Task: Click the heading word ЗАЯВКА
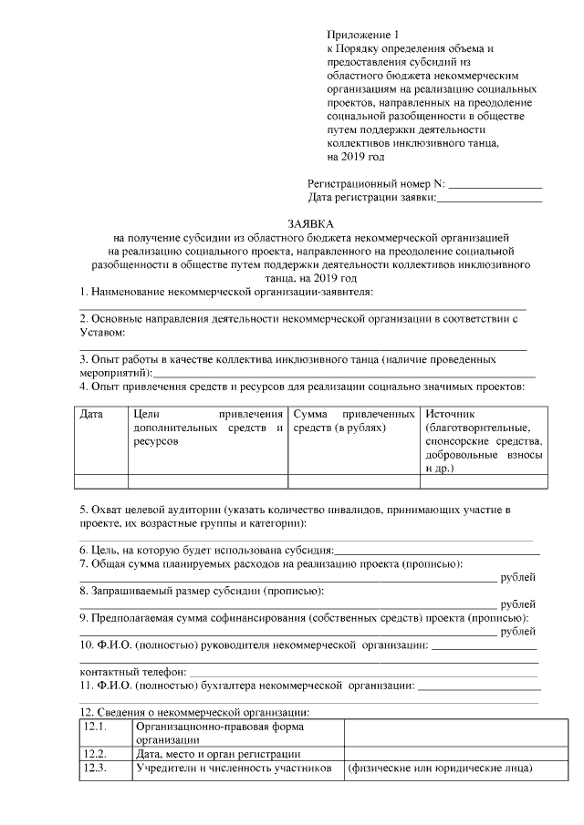(x=311, y=223)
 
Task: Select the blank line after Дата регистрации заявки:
(x=490, y=198)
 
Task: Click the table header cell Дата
(x=91, y=415)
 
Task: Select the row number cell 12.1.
(x=96, y=727)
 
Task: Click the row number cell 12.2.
(x=96, y=754)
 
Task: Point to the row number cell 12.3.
(x=96, y=768)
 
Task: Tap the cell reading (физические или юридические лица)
(x=439, y=768)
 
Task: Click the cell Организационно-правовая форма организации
(x=219, y=734)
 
